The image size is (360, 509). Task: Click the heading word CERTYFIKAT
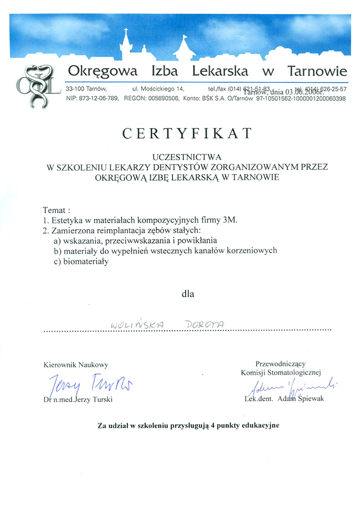coord(187,133)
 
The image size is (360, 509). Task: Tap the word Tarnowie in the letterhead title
coord(317,71)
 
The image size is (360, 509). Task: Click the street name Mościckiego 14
coord(166,89)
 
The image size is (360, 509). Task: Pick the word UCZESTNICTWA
coord(187,157)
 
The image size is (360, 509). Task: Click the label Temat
coord(54,210)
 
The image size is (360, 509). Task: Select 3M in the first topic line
coord(230,220)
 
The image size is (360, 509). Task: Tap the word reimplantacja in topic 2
coord(127,230)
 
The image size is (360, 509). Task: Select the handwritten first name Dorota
coord(204,324)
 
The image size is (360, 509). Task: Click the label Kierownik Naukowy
coord(76,365)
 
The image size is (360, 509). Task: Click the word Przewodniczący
coord(280,363)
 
